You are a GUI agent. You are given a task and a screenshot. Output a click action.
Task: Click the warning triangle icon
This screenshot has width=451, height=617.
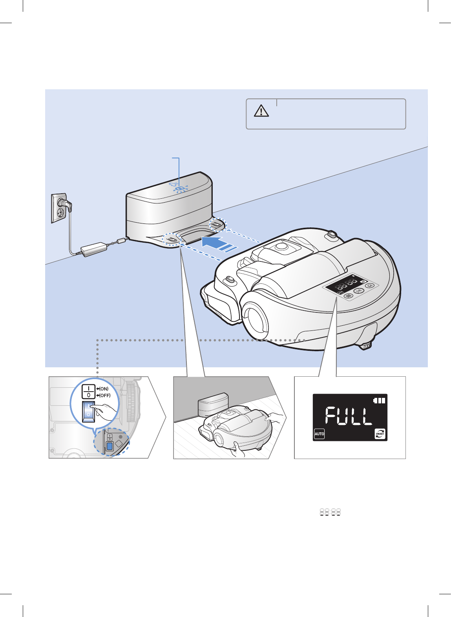click(x=261, y=111)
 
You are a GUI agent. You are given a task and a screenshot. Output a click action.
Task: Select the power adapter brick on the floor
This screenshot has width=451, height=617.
click(x=94, y=249)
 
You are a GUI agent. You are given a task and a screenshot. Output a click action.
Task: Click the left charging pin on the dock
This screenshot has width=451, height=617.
click(x=171, y=238)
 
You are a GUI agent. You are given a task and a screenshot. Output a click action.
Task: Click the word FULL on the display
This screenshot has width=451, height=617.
click(x=349, y=416)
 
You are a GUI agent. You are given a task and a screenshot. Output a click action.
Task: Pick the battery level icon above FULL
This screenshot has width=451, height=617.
click(x=379, y=401)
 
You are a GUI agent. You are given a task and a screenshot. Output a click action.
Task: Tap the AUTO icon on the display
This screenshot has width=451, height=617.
click(x=320, y=434)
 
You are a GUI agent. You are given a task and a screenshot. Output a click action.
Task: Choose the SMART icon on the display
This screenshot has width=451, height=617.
click(x=380, y=434)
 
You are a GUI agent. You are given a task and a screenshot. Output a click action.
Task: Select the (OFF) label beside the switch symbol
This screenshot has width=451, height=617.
click(x=104, y=396)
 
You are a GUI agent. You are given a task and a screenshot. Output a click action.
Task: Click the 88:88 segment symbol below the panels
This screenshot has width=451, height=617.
click(x=330, y=512)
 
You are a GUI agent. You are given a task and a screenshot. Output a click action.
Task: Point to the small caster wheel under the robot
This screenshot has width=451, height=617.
click(x=366, y=346)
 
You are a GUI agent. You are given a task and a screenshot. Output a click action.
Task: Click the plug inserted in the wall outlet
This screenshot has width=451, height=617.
click(x=65, y=203)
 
